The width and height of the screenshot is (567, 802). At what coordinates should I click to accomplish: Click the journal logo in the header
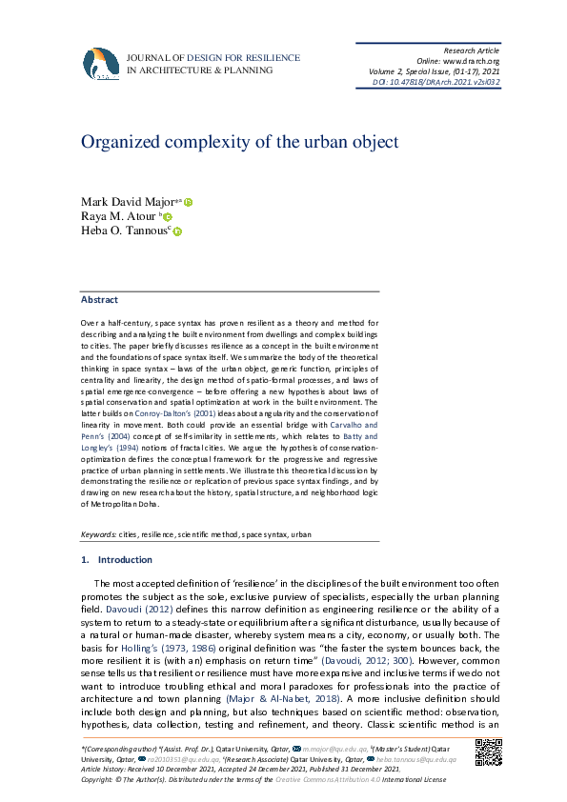[101, 64]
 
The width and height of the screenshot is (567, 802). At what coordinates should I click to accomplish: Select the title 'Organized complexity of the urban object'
[239, 143]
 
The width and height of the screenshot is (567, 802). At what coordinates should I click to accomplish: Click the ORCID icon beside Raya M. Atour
[168, 217]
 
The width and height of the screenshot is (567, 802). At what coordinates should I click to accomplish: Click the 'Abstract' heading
[99, 299]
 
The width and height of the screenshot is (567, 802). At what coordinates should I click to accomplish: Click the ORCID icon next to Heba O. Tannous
[177, 231]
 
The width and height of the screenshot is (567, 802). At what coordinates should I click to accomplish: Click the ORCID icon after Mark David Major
[189, 202]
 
